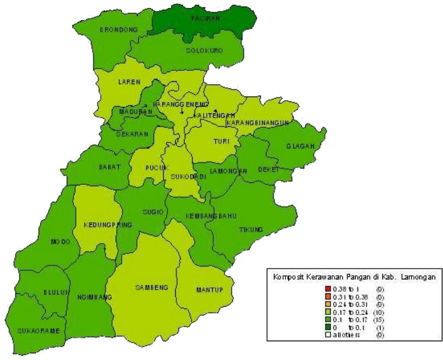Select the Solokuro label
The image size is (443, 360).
click(x=202, y=50)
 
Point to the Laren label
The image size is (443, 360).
click(x=129, y=82)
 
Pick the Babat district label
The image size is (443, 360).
click(x=110, y=167)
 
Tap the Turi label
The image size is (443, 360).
click(x=221, y=142)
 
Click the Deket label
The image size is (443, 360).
click(x=268, y=170)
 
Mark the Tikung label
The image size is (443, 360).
click(x=251, y=230)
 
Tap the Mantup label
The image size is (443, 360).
click(x=210, y=290)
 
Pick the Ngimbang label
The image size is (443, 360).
click(x=95, y=298)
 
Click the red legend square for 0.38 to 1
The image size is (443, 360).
click(x=327, y=288)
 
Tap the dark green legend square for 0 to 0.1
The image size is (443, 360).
click(x=327, y=327)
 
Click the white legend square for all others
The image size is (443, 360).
click(x=327, y=335)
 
